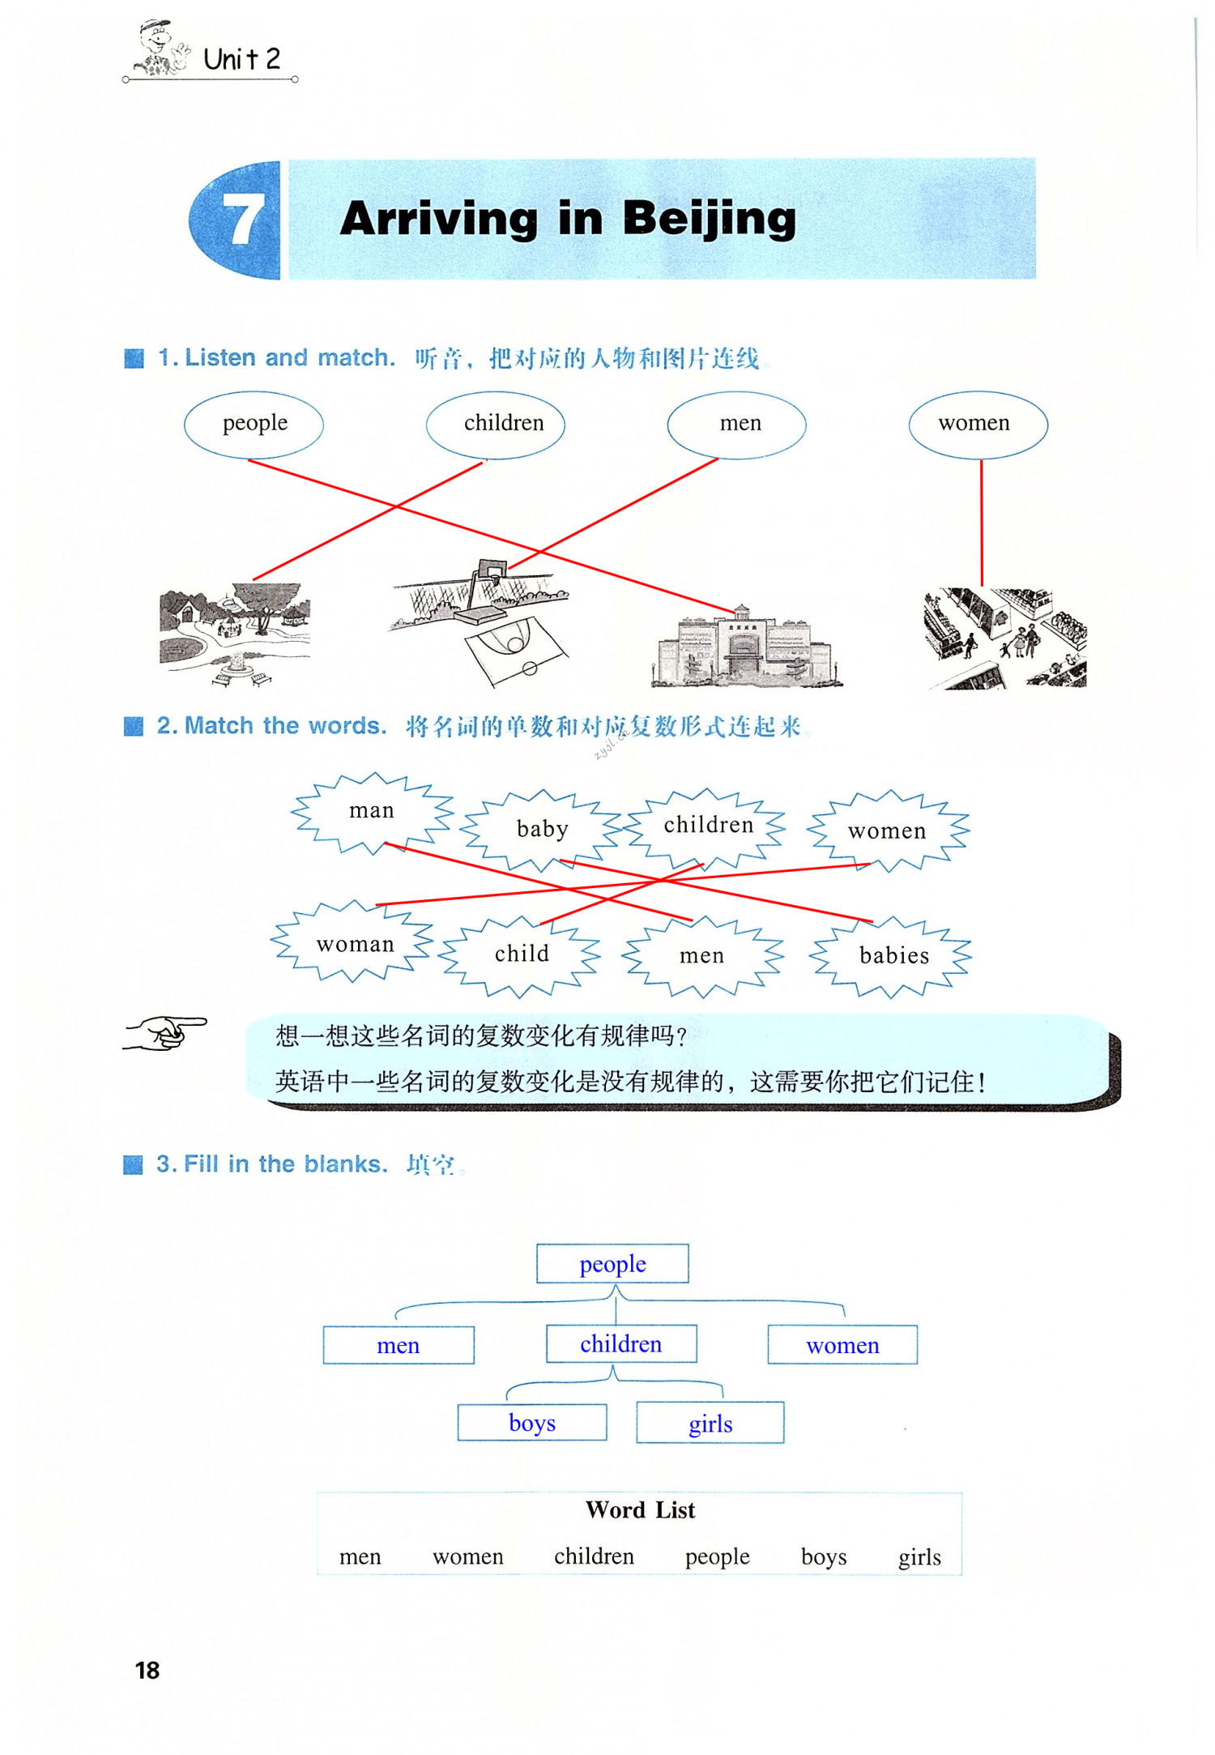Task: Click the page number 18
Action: pos(147,1670)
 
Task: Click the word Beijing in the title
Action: pos(709,219)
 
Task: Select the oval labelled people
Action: pos(254,424)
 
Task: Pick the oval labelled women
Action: pos(977,424)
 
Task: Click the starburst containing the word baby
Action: pos(542,830)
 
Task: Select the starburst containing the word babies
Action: pos(893,956)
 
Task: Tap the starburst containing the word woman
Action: pos(354,944)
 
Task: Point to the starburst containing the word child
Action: pos(521,954)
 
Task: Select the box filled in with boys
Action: pos(532,1423)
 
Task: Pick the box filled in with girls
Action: pos(710,1424)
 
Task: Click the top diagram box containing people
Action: pos(612,1264)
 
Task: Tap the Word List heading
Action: pos(640,1510)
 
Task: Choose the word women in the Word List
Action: pos(467,1556)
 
